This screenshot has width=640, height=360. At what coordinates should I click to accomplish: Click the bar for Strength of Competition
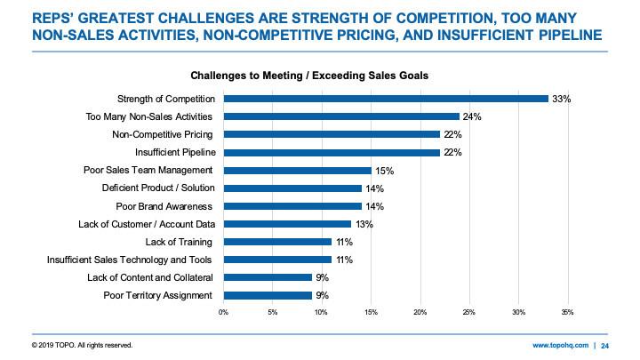tap(385, 98)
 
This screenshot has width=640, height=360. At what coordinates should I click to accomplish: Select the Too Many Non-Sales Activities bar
tap(340, 116)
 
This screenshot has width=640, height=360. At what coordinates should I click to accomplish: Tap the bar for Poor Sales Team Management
tap(297, 170)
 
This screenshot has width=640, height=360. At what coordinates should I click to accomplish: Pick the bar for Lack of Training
tap(277, 242)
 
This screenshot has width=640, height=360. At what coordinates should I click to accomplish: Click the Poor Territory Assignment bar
tap(268, 295)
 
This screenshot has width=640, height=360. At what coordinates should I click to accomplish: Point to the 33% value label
tap(561, 98)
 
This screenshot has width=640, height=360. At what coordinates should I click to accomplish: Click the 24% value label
tap(472, 116)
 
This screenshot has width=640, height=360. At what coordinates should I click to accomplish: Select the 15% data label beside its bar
tap(383, 170)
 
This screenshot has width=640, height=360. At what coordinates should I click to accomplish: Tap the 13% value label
tap(364, 224)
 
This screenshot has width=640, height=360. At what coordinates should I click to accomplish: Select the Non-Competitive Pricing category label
tap(163, 134)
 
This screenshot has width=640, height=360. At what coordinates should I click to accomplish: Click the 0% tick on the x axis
tap(223, 312)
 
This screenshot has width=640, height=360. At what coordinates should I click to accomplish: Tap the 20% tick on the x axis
tap(420, 312)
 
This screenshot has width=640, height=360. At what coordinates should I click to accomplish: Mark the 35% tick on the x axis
tap(568, 312)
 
